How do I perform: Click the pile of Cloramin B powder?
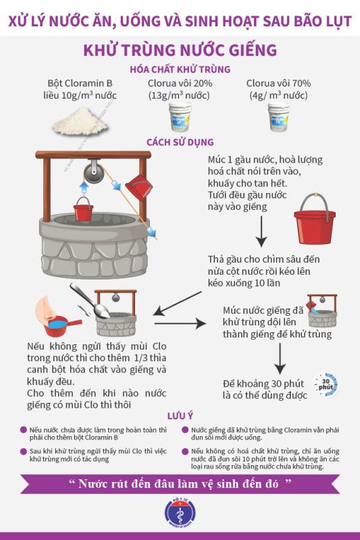tap(80, 122)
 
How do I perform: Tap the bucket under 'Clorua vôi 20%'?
tap(180, 117)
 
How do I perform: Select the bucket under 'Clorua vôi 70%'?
tap(279, 117)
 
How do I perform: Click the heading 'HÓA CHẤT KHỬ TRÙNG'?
tap(180, 70)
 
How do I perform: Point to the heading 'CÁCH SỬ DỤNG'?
tap(180, 142)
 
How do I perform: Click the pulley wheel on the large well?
tap(94, 171)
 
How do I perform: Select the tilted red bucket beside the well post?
tap(139, 188)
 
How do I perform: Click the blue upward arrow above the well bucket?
tap(84, 188)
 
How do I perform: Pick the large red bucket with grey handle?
tap(315, 219)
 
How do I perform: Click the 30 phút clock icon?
tap(326, 384)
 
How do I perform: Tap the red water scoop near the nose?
tap(62, 326)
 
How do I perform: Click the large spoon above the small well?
tap(91, 300)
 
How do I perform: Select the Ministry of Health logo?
tap(180, 512)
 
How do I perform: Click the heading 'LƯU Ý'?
tap(180, 416)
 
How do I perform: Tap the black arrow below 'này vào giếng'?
tap(261, 231)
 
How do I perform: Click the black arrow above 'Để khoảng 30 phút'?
tap(280, 358)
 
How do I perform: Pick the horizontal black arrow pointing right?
tap(180, 323)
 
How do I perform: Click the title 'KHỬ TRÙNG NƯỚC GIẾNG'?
tap(180, 50)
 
